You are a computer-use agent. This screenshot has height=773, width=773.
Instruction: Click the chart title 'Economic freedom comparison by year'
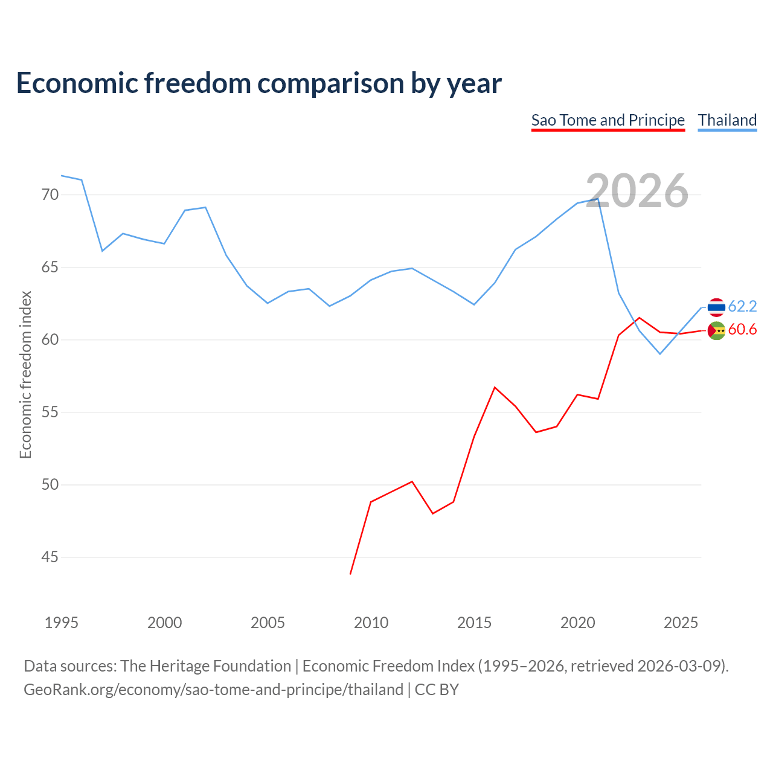coord(258,83)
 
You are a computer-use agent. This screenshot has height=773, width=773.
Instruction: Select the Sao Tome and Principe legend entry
coord(608,121)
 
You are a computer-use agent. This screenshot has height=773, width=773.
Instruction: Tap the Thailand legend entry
coord(727,121)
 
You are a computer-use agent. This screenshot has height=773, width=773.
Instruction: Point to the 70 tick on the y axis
coord(50,194)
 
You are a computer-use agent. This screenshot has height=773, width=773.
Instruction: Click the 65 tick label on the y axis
coord(50,267)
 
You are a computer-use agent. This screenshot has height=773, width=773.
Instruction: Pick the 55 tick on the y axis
coord(50,412)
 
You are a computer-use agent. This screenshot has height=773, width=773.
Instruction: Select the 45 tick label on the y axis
coord(50,557)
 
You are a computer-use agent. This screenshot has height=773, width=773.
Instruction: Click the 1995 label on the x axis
coord(62,623)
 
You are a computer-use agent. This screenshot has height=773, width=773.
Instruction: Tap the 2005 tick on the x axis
coord(268,623)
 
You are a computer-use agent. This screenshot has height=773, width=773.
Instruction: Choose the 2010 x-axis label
coord(371,623)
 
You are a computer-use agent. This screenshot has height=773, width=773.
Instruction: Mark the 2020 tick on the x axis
coord(578,623)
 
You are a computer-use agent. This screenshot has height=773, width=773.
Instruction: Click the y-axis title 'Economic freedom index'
coord(25,374)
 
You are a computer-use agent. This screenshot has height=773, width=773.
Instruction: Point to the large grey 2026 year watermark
coord(637,191)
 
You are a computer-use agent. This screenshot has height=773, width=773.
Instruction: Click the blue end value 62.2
coord(742,306)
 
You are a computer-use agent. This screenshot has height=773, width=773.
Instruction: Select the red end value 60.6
coord(742,329)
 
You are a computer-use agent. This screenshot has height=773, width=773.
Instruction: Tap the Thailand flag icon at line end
coord(716,307)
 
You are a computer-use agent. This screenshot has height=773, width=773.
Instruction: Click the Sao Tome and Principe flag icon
coord(716,331)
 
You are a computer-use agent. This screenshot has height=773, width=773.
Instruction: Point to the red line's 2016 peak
coord(495,388)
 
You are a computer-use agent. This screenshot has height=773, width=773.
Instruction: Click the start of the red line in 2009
coord(350,574)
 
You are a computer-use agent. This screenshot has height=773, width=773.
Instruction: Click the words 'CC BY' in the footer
coord(437,690)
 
